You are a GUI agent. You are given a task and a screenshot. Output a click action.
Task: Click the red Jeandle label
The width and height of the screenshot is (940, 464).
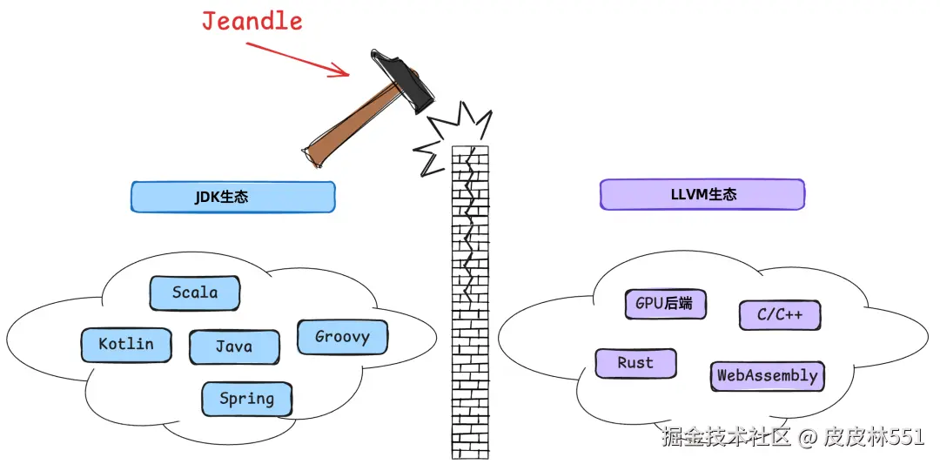252,20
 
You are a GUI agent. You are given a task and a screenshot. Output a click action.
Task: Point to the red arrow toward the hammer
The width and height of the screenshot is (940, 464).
296,57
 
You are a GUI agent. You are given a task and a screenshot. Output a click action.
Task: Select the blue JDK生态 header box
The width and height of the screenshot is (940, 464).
232,197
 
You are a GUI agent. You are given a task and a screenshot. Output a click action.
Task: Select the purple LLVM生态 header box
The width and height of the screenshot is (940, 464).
702,194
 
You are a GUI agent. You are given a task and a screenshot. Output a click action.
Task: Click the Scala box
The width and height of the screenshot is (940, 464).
195,293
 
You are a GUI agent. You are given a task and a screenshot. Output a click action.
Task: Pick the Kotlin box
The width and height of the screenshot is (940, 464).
126,345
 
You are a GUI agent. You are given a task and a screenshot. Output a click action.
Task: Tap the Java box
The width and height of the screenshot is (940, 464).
234,346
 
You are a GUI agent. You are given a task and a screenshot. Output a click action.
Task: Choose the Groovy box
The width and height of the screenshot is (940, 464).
342,337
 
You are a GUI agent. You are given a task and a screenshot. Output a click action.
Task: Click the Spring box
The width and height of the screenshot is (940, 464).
246,399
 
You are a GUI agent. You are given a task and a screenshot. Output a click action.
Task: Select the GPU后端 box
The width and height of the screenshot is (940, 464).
665,304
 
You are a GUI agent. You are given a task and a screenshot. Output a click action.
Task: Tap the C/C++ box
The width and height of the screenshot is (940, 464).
780,314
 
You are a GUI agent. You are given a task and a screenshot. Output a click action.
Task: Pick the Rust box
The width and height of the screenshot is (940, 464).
635,363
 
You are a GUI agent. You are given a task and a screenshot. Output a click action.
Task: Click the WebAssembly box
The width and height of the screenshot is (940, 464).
767,376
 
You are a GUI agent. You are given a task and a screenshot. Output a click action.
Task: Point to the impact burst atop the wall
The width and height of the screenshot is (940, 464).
453,138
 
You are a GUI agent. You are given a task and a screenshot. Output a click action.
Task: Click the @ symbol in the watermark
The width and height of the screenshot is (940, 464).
808,437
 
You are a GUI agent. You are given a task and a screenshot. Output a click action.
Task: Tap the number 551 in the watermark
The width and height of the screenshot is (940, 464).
907,437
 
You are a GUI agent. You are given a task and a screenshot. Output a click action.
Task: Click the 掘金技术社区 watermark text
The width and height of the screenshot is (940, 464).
726,437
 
